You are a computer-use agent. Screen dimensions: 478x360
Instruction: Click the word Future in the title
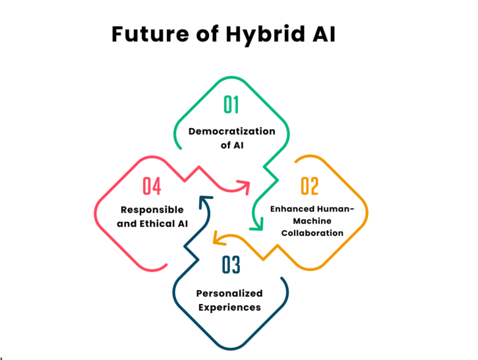coord(150,34)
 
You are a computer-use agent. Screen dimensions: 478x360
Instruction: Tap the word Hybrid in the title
coord(265,35)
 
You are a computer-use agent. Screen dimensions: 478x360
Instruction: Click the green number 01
coord(231,105)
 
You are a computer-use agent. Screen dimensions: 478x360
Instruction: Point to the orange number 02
coord(310,186)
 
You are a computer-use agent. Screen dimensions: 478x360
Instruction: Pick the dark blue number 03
coord(231,264)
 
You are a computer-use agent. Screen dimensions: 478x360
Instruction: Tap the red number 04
coord(152,186)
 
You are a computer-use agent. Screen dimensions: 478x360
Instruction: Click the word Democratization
coord(231,131)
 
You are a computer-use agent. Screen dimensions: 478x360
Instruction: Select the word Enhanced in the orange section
coord(292,209)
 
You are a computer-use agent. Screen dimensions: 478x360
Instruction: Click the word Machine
coord(312,221)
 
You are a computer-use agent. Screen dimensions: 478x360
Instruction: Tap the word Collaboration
coord(312,233)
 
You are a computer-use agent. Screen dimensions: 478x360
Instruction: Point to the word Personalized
coord(229,293)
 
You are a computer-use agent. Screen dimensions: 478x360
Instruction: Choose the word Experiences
coord(229,307)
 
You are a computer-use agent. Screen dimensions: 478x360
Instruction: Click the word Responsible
coord(152,210)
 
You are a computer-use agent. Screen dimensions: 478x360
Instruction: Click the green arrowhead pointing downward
coord(256,224)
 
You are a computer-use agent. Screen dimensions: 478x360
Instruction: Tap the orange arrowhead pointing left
coord(219,238)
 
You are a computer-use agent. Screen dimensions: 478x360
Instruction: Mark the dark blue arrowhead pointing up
coord(205,202)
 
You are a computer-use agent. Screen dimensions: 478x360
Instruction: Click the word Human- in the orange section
coord(336,209)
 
